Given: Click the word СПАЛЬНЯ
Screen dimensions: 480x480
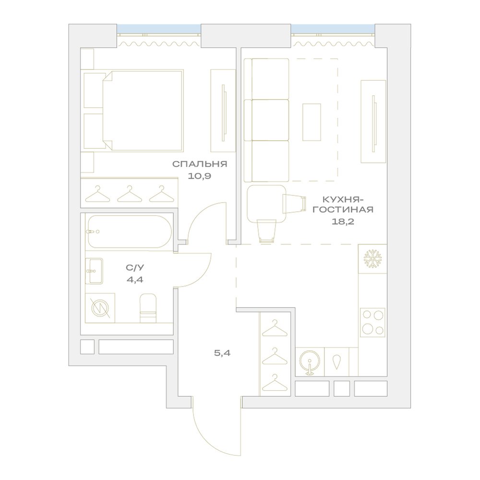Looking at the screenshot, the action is [200, 164].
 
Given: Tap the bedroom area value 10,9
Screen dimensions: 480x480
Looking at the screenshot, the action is [200, 176].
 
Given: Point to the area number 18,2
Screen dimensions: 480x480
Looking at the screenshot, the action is [343, 221].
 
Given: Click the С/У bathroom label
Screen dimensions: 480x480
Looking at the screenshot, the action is [135, 267].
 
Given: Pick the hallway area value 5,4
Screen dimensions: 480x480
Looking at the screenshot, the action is [222, 353].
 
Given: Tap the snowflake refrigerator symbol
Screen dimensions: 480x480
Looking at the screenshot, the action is [372, 259].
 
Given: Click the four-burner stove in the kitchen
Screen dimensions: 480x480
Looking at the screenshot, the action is [372, 323].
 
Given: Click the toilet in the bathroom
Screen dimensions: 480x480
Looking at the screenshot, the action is [148, 308].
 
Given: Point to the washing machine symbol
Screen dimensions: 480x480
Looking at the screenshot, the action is [100, 308].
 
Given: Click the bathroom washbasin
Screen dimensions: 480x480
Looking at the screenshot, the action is [94, 271].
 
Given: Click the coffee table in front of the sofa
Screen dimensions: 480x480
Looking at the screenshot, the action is [312, 122].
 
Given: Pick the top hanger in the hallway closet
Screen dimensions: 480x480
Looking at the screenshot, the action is [275, 328].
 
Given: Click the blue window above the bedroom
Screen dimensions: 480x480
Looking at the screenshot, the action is [159, 28].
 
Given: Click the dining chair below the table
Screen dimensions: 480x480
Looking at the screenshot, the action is [266, 231].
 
